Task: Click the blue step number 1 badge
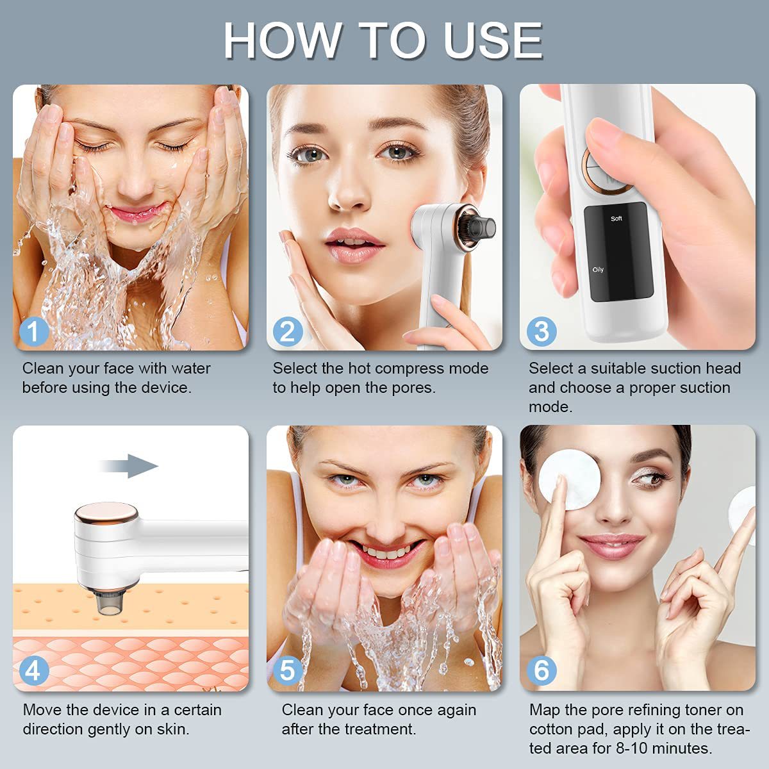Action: [x=34, y=331]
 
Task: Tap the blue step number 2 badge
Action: [x=288, y=331]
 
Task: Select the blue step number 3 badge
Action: [x=542, y=331]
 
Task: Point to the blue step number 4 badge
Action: [x=34, y=671]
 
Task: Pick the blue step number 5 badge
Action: [x=288, y=671]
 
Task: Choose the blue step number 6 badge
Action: [x=542, y=671]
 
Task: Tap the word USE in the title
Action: [x=493, y=41]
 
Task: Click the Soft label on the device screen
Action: [x=616, y=219]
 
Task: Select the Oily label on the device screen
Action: [x=598, y=269]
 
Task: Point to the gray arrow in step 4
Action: [x=129, y=466]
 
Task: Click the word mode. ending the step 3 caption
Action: [x=550, y=407]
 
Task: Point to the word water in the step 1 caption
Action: [x=191, y=368]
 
